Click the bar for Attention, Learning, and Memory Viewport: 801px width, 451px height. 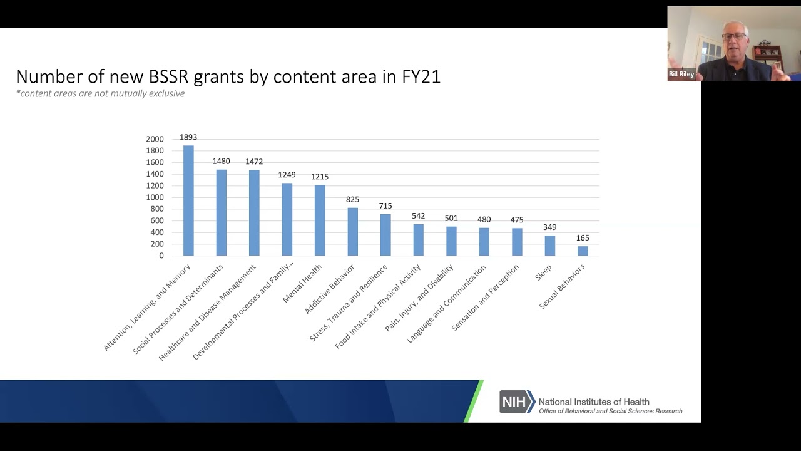pyautogui.click(x=188, y=200)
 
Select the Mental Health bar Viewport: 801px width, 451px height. pyautogui.click(x=320, y=220)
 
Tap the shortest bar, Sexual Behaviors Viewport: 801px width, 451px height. pyautogui.click(x=583, y=251)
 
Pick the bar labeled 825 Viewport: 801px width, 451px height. pyautogui.click(x=352, y=232)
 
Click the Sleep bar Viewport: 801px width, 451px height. pyautogui.click(x=549, y=246)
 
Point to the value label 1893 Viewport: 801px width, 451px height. pyautogui.click(x=188, y=137)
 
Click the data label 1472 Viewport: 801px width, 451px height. pyautogui.click(x=254, y=162)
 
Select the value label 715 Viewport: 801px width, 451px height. pyautogui.click(x=385, y=206)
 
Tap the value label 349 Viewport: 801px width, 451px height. pyautogui.click(x=549, y=227)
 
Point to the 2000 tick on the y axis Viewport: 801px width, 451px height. pyautogui.click(x=155, y=139)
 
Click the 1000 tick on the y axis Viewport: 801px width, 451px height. pyautogui.click(x=155, y=197)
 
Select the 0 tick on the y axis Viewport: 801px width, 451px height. pyautogui.click(x=161, y=256)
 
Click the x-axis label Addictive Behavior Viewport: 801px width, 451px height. pyautogui.click(x=330, y=289)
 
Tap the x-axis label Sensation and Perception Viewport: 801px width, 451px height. pyautogui.click(x=486, y=298)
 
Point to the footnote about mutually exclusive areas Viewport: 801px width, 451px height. pyautogui.click(x=100, y=93)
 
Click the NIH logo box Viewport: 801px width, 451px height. pyautogui.click(x=517, y=402)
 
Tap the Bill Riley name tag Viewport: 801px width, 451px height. pyautogui.click(x=681, y=74)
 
